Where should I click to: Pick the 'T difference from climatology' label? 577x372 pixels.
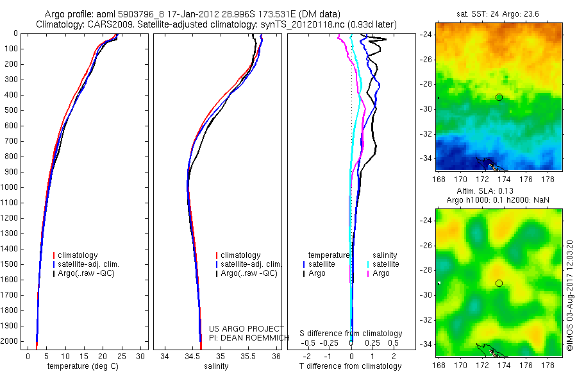[351, 366]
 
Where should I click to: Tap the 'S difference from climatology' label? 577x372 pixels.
[351, 334]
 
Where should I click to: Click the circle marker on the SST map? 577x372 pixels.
[499, 97]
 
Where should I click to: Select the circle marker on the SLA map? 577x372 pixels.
[499, 283]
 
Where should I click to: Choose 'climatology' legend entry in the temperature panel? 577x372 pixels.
[78, 255]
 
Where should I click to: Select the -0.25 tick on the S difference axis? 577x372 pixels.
[332, 343]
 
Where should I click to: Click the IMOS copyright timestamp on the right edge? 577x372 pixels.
[570, 295]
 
